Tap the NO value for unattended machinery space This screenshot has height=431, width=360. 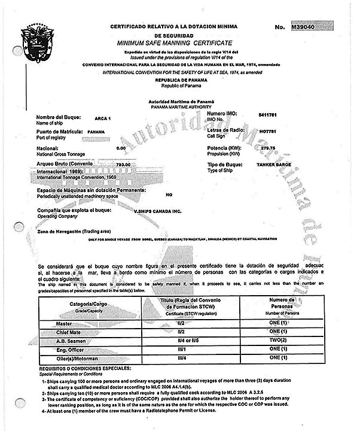169,195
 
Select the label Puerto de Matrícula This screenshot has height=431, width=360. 59,130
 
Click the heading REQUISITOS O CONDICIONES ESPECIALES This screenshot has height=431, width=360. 86,366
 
